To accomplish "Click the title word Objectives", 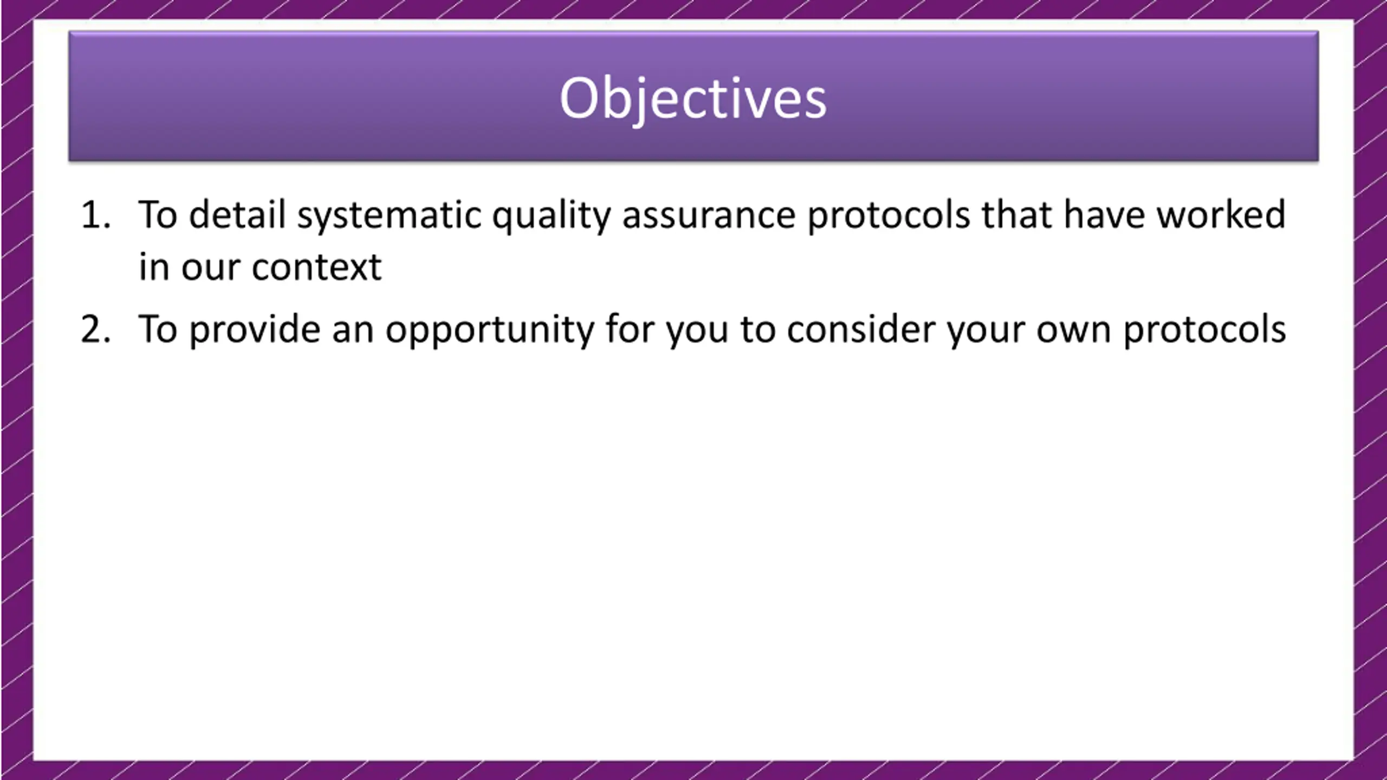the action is tap(693, 100).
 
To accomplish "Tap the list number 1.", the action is tap(95, 215).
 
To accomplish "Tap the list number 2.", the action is tap(95, 329).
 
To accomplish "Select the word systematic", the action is tap(389, 217).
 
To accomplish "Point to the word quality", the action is tap(551, 217).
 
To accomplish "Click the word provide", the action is tap(255, 330).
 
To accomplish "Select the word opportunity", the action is tap(490, 331).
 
